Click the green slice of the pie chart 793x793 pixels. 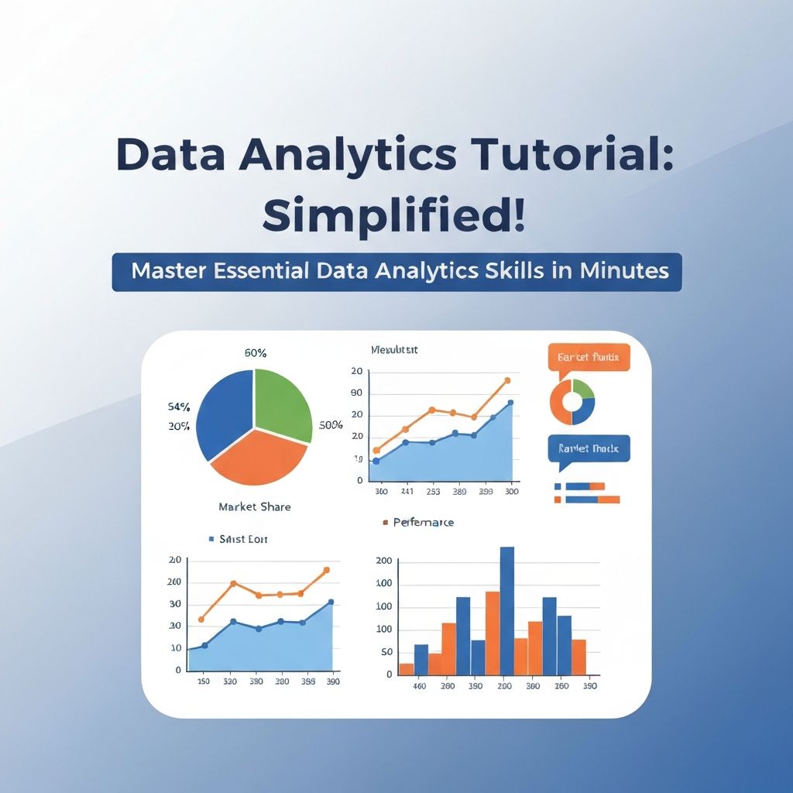(281, 402)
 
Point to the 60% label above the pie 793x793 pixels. (256, 353)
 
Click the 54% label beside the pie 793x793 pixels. (179, 407)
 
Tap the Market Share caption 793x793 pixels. (255, 506)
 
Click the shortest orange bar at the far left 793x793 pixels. (407, 669)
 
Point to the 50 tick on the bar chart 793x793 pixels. (384, 652)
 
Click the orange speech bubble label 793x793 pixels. (589, 358)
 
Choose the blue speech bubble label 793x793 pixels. (589, 449)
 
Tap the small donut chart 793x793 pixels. (572, 401)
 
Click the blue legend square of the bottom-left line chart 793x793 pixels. (211, 538)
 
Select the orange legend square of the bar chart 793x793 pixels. (386, 523)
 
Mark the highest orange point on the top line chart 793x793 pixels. (507, 380)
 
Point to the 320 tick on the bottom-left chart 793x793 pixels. (230, 682)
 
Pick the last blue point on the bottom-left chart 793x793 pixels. (331, 602)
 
